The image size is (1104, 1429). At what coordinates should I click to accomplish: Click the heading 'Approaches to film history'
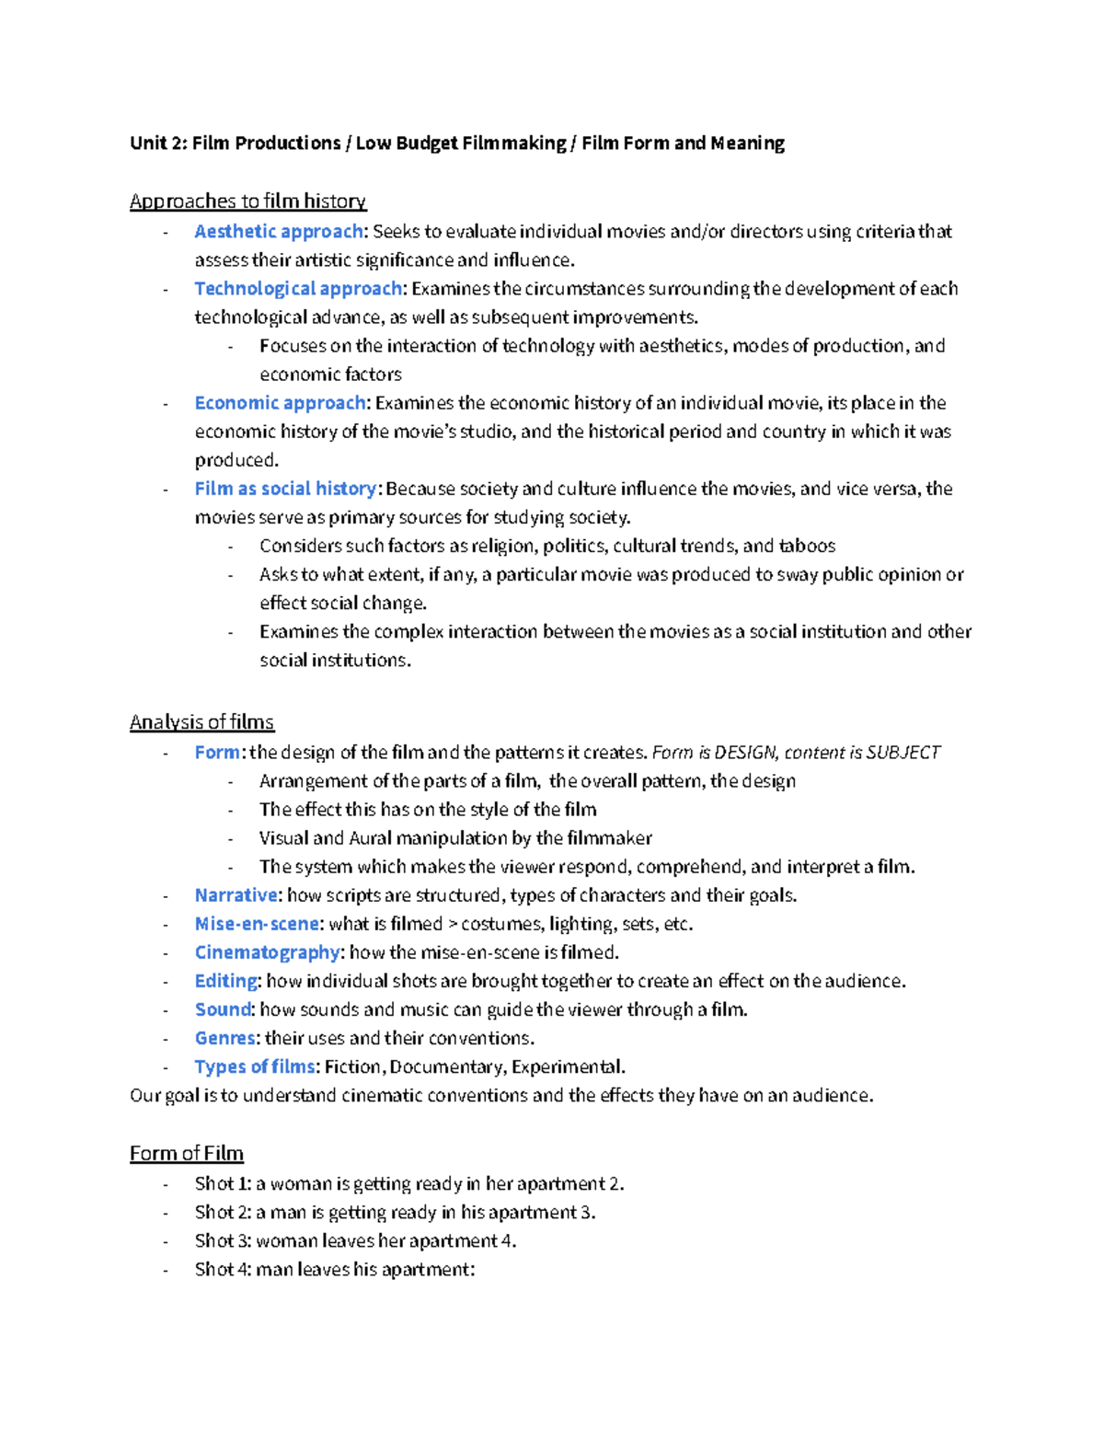(247, 201)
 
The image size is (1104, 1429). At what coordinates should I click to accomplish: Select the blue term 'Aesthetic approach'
(279, 231)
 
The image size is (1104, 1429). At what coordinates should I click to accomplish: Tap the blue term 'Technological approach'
(298, 288)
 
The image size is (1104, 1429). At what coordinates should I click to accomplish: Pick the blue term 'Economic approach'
(280, 402)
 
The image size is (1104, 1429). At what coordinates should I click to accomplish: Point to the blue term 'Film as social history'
(285, 489)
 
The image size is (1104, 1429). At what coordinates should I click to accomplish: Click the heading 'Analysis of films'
(201, 721)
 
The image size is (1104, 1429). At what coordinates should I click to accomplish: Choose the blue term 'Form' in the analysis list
(217, 752)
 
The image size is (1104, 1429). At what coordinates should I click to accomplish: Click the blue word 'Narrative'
(236, 895)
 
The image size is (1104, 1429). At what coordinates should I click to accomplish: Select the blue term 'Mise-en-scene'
(257, 924)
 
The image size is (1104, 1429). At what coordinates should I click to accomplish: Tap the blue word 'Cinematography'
(268, 952)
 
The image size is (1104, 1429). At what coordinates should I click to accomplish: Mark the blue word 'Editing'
(226, 981)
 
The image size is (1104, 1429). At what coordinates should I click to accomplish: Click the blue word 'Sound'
(223, 1009)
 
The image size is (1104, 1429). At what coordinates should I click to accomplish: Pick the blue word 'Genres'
(225, 1038)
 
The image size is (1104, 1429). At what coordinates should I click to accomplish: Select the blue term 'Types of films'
(255, 1066)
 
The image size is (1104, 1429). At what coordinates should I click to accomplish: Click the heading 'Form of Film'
(186, 1153)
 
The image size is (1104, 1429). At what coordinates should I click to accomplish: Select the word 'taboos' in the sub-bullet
(807, 546)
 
